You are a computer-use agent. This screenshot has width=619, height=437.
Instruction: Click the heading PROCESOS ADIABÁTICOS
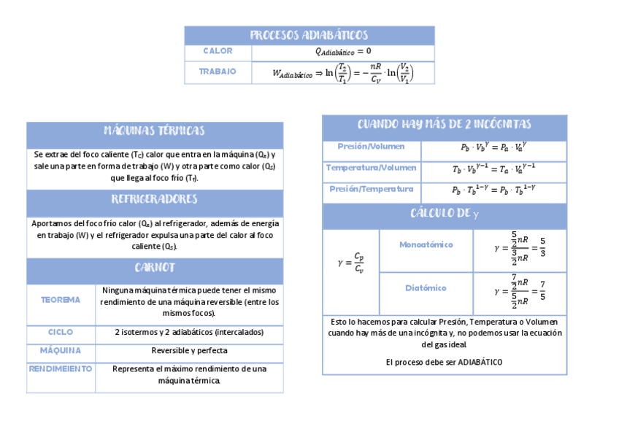pyautogui.click(x=309, y=35)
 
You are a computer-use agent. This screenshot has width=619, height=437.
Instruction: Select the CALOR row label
pyautogui.click(x=218, y=52)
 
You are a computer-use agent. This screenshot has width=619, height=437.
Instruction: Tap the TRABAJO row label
pyautogui.click(x=218, y=71)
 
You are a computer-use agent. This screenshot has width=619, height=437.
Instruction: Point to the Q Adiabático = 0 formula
pyautogui.click(x=343, y=52)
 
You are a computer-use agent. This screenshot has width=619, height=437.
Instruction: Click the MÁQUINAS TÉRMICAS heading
pyautogui.click(x=154, y=131)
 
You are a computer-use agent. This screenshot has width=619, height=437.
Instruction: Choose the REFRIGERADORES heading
pyautogui.click(x=154, y=200)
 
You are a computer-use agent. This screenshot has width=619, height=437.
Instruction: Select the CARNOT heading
pyautogui.click(x=154, y=268)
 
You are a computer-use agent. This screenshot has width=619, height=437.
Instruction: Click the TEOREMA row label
pyautogui.click(x=61, y=301)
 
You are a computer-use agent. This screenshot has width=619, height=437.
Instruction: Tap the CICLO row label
pyautogui.click(x=61, y=333)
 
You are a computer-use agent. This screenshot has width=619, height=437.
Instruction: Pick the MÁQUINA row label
pyautogui.click(x=61, y=351)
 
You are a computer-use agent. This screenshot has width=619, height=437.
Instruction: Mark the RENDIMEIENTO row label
pyautogui.click(x=61, y=369)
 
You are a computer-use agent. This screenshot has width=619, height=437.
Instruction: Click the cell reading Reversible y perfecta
pyautogui.click(x=189, y=351)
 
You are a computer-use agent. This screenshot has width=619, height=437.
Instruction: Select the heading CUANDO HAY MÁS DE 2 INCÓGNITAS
pyautogui.click(x=444, y=125)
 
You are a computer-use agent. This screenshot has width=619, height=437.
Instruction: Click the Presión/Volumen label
pyautogui.click(x=371, y=147)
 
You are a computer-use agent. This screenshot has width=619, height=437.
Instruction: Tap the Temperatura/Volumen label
pyautogui.click(x=371, y=168)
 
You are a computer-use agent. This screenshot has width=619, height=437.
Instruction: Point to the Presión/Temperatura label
pyautogui.click(x=371, y=189)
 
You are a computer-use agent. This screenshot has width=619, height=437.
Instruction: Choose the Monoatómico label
pyautogui.click(x=426, y=245)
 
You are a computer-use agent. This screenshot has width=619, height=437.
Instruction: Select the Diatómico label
pyautogui.click(x=426, y=288)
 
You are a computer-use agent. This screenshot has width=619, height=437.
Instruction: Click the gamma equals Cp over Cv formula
pyautogui.click(x=351, y=263)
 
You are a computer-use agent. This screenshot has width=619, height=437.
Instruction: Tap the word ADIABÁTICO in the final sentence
pyautogui.click(x=480, y=362)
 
